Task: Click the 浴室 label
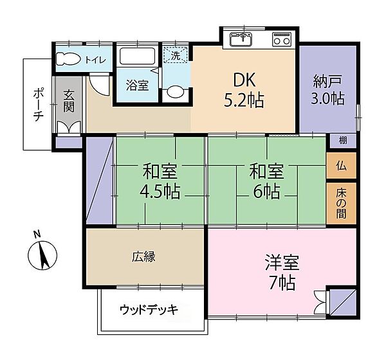point(137,84)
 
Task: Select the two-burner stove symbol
point(282,40)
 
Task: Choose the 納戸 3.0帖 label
point(328,89)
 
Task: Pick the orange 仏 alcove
point(341,166)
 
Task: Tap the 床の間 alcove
point(341,203)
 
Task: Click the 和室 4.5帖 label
point(161,181)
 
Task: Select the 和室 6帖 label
point(266,181)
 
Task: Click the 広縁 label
point(143,256)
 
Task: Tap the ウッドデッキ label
point(149,310)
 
